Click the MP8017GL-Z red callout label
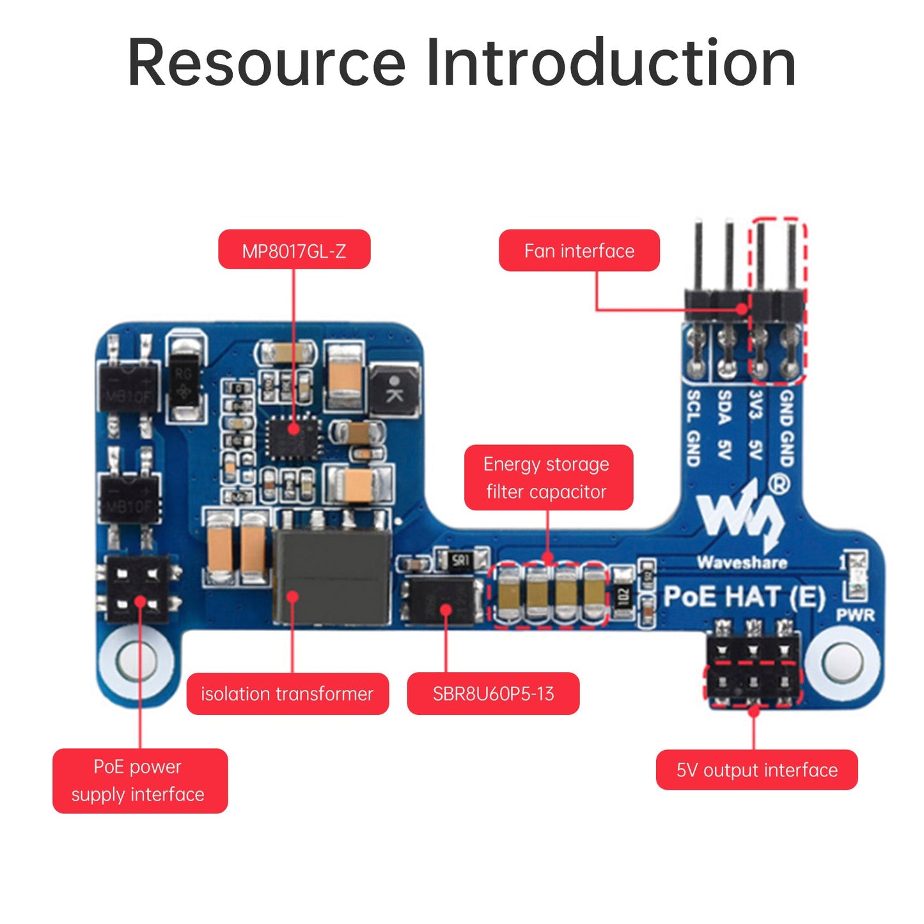(x=294, y=250)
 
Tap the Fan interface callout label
(x=579, y=251)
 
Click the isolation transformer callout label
(x=287, y=694)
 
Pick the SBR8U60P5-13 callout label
(x=493, y=694)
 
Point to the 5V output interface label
(x=756, y=770)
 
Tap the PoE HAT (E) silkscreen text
(x=744, y=597)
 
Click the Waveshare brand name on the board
(x=742, y=563)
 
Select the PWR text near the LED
(x=855, y=615)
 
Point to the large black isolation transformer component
(x=332, y=577)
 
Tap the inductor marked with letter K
(x=395, y=390)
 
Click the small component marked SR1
(x=460, y=561)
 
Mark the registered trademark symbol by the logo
(x=778, y=484)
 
